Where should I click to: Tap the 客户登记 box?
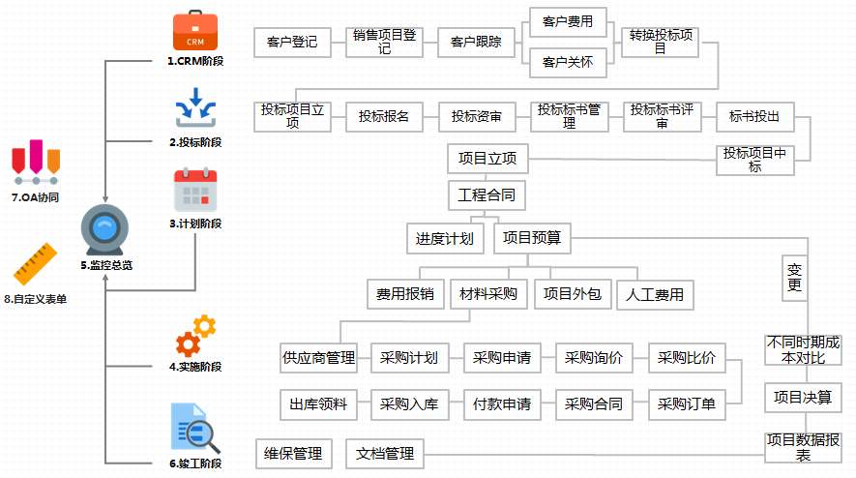(291, 43)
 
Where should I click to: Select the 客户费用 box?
(568, 22)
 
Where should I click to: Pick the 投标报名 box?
(384, 117)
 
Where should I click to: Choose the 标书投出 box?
(754, 117)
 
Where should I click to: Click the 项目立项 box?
(487, 159)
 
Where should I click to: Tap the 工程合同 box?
(487, 196)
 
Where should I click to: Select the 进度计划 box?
(445, 238)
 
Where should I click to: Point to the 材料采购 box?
(487, 294)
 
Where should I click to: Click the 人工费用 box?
(656, 294)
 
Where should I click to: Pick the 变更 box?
(795, 276)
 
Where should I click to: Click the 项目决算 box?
(802, 398)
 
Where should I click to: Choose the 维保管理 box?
(291, 453)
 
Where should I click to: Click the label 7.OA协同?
(36, 197)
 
